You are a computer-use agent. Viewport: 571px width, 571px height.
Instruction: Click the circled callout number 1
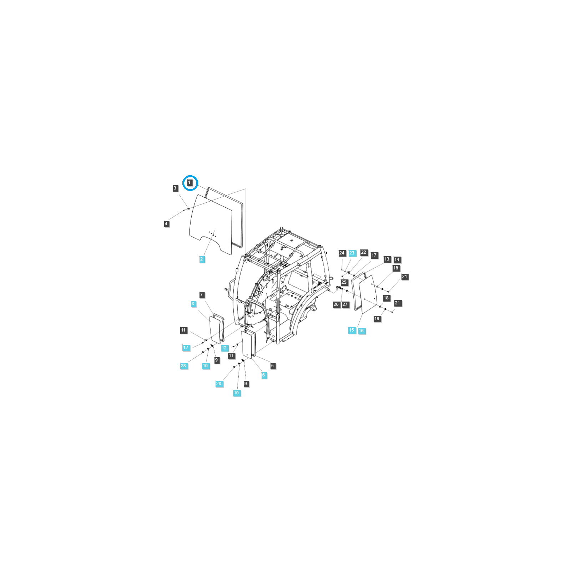(190, 183)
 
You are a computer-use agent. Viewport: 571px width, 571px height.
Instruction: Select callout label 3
(175, 188)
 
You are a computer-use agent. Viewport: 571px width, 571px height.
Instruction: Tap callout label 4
(166, 224)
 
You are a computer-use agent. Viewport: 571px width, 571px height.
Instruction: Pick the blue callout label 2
(202, 259)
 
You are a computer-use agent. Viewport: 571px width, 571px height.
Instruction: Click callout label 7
(202, 295)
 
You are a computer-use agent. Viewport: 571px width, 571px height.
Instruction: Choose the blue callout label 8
(193, 304)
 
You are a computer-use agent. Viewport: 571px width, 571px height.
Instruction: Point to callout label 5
(272, 366)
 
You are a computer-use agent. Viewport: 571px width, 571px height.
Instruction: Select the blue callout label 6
(264, 375)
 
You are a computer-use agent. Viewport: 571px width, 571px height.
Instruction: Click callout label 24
(342, 253)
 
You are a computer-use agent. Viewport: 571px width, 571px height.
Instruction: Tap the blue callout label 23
(352, 253)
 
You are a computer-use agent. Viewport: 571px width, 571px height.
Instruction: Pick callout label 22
(364, 252)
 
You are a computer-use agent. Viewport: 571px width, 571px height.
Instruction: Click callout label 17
(374, 255)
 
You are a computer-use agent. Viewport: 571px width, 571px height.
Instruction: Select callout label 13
(387, 259)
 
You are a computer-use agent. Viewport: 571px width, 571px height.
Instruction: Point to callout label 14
(397, 259)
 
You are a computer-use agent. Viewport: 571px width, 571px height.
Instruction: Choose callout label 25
(344, 282)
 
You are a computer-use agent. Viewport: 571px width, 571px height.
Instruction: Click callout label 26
(336, 304)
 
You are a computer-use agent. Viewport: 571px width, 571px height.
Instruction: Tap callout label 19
(377, 319)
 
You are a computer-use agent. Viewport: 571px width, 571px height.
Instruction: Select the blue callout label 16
(362, 331)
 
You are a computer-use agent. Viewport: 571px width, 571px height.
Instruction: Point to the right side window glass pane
(368, 294)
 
